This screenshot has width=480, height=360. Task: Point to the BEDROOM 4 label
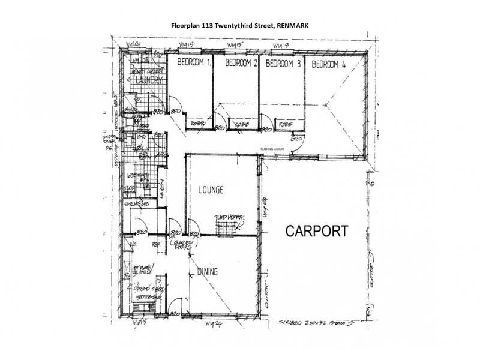tap(328, 64)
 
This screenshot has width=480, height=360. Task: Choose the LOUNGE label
tap(211, 190)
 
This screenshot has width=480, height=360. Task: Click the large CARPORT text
tap(316, 232)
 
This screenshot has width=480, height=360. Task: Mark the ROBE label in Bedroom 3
tap(286, 124)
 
